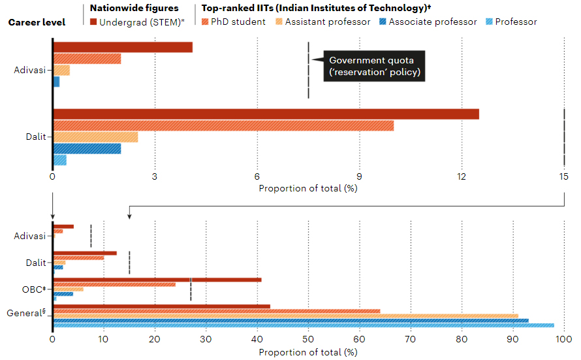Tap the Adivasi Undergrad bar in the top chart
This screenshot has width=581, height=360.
coord(123,47)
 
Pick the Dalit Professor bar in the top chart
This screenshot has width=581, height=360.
coord(60,160)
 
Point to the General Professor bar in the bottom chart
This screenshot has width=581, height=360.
coord(304,325)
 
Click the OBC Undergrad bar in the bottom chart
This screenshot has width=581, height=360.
coord(157,280)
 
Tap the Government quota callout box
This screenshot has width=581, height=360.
coord(375,66)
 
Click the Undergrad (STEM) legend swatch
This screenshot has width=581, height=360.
coord(93,22)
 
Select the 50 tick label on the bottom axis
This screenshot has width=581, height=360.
coord(308,340)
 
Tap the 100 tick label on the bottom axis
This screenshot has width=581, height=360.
coord(563,340)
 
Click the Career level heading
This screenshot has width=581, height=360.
coord(37,22)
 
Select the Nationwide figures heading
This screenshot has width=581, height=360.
coord(134,8)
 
